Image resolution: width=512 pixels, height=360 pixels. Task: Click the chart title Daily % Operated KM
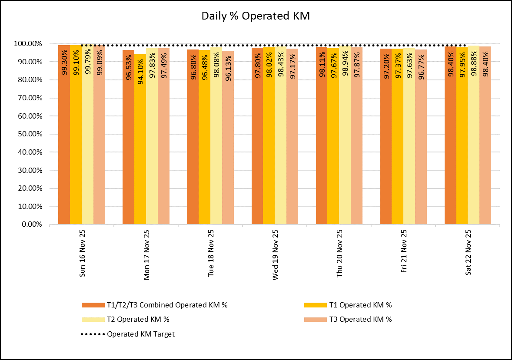coord(256,16)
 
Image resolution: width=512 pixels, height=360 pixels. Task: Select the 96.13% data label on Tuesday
coord(228,66)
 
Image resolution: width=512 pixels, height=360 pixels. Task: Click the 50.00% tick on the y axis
coord(28,134)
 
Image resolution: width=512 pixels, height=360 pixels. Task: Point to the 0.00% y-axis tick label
coord(30,225)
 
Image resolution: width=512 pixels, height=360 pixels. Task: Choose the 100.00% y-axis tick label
coord(27,44)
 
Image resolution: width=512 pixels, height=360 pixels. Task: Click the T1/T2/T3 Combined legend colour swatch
coord(93,305)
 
